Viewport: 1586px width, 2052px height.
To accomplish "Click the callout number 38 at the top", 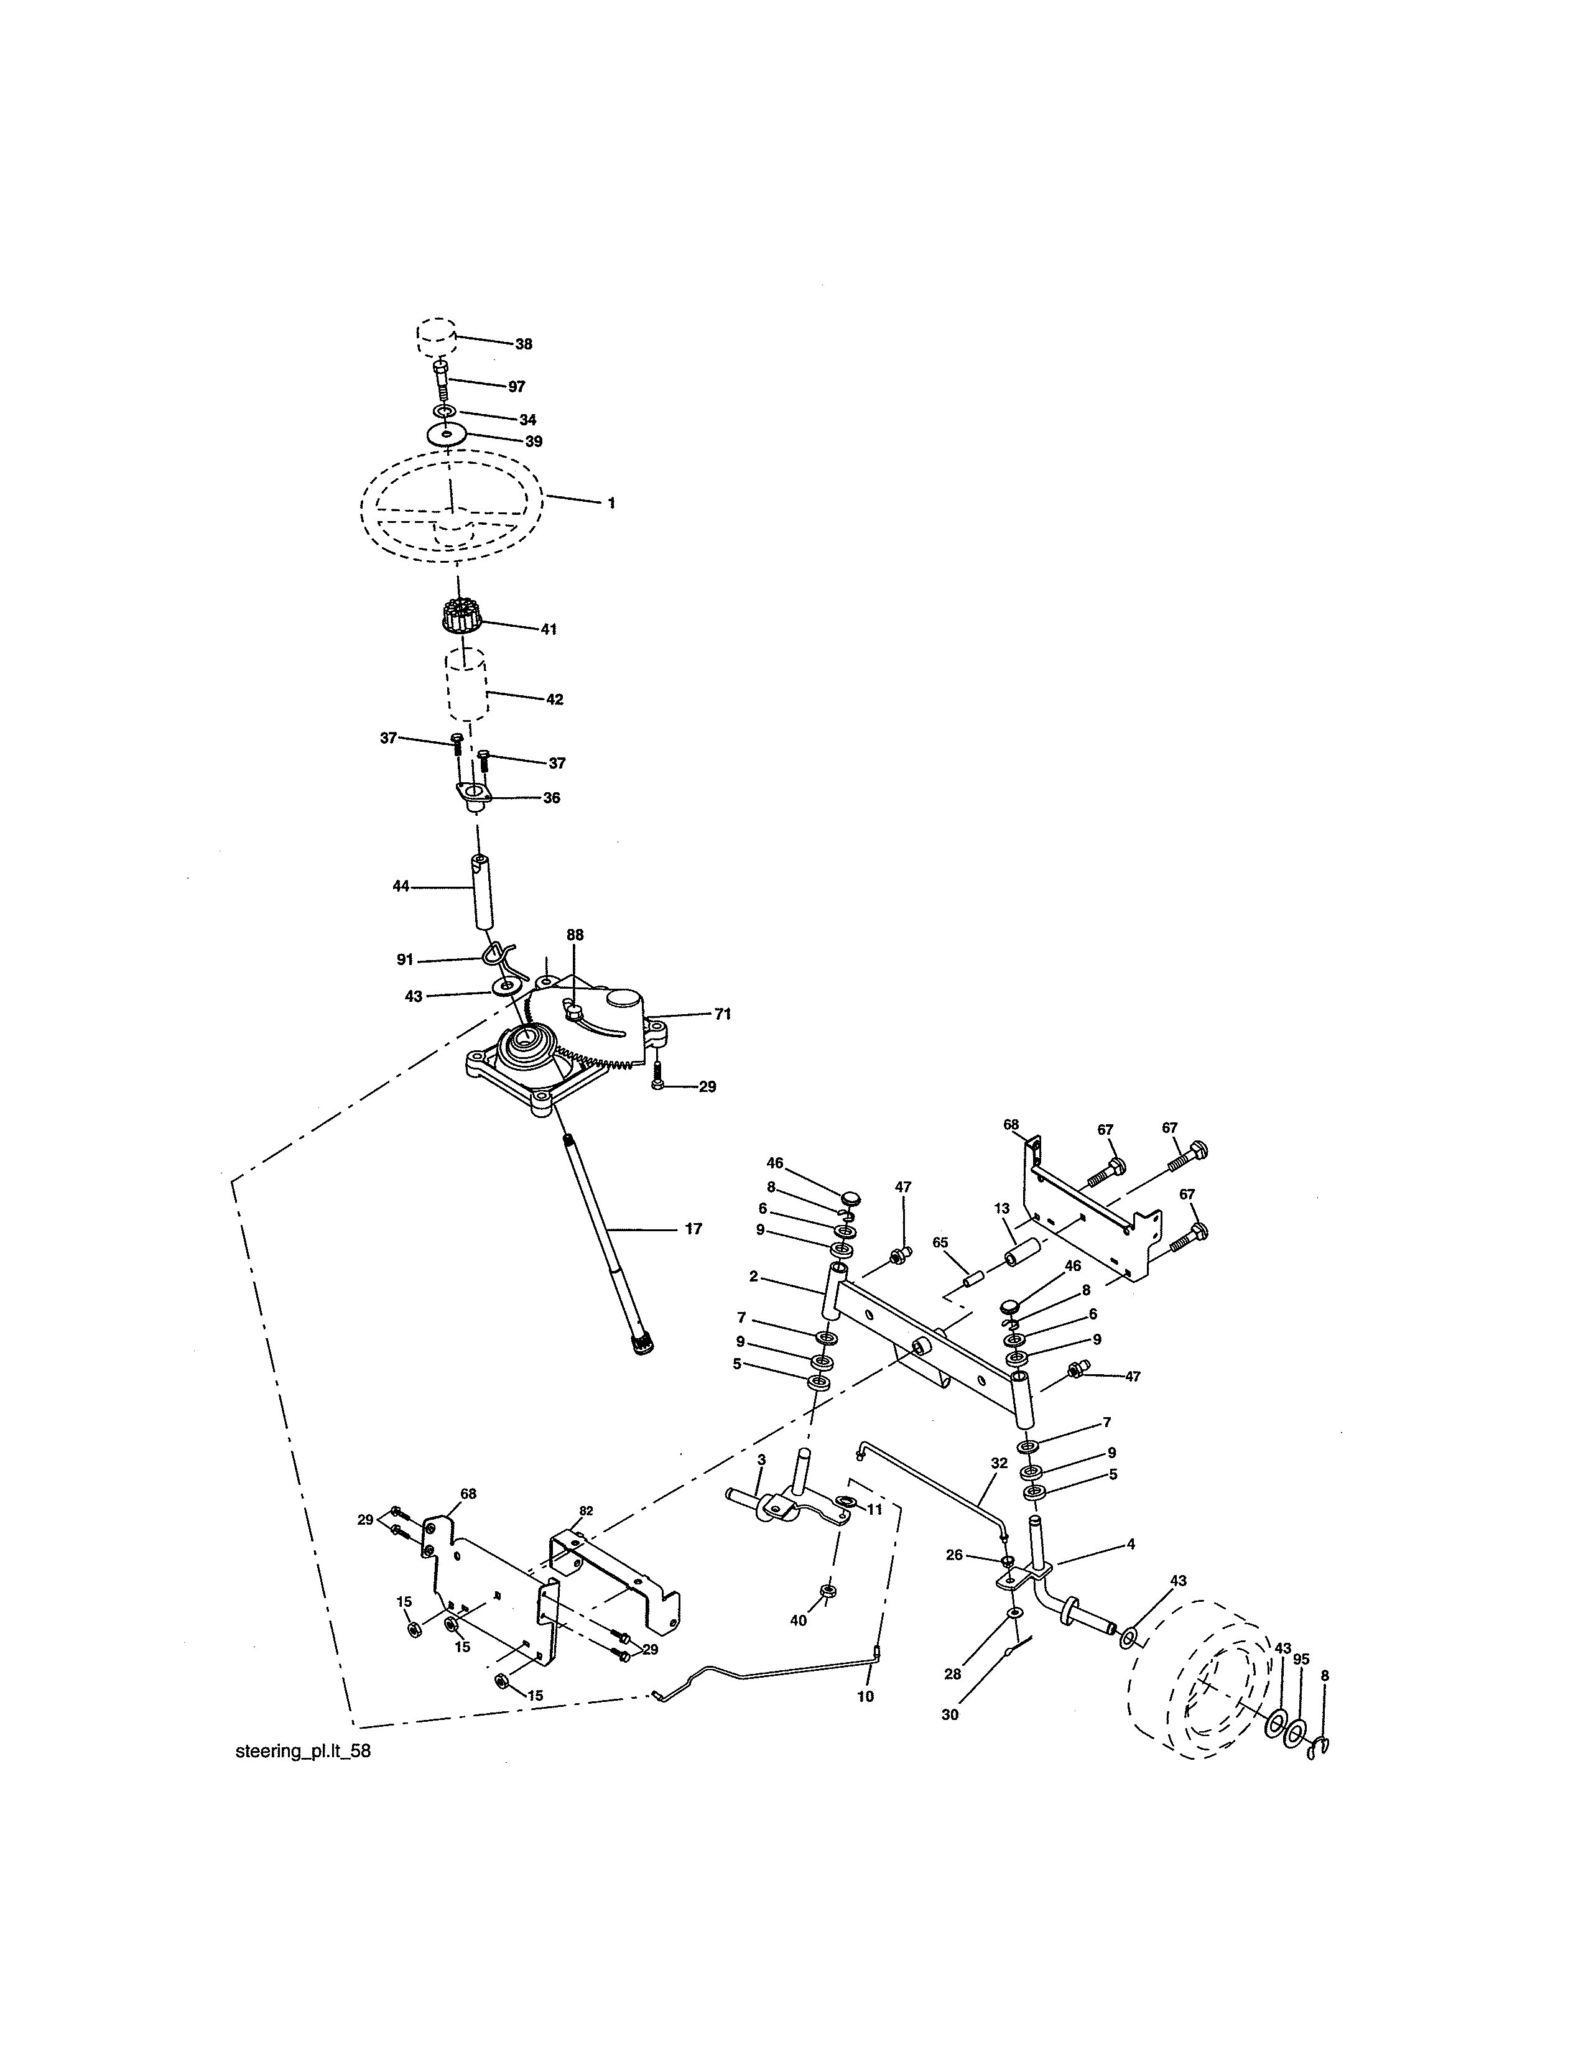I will [523, 344].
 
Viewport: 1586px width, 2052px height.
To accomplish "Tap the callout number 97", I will [517, 386].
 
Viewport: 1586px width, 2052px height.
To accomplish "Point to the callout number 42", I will [554, 699].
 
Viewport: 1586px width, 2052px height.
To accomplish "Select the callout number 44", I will [401, 885].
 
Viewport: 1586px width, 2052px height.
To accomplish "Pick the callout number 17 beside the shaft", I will [693, 1228].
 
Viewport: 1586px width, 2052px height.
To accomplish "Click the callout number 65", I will [940, 1242].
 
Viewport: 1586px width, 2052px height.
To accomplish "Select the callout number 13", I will [1001, 1208].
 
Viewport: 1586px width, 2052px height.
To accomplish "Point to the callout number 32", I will [998, 1463].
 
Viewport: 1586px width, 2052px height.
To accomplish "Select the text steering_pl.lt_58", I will [297, 1751].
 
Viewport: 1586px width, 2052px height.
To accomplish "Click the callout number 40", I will [798, 1620].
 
